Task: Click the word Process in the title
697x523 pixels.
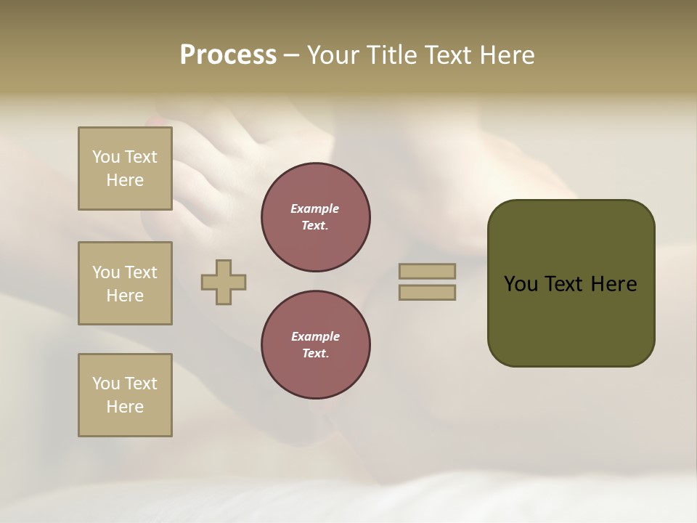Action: pos(228,55)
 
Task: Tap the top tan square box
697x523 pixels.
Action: pos(125,169)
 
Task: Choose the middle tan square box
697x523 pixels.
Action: pos(125,283)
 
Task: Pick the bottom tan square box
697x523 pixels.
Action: pos(125,395)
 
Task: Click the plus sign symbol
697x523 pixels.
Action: pos(224,283)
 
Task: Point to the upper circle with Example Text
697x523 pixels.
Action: pos(316,217)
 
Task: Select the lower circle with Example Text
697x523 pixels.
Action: pos(316,345)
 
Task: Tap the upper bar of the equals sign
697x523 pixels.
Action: pos(427,271)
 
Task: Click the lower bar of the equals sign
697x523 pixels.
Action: pos(427,293)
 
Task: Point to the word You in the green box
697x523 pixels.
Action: pos(521,284)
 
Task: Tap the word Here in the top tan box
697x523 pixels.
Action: pos(125,180)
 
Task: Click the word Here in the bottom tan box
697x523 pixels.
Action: pos(125,407)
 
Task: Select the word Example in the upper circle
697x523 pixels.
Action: pos(315,208)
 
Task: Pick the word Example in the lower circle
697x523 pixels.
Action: pos(315,336)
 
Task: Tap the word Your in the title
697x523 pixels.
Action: pos(334,55)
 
